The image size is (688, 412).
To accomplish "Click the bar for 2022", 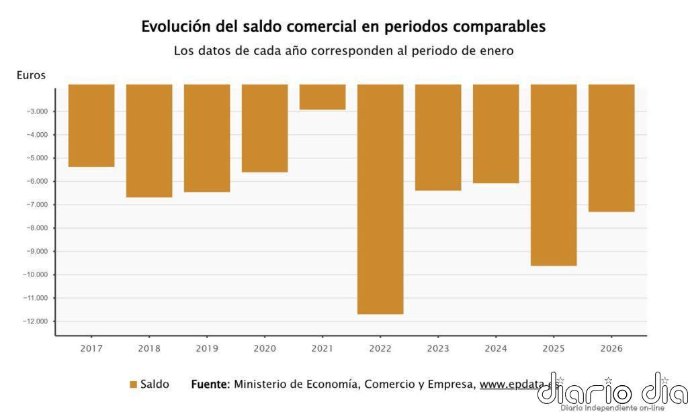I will tap(380, 199).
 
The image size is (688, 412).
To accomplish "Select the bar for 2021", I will tap(322, 97).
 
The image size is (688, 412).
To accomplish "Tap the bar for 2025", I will tap(554, 175).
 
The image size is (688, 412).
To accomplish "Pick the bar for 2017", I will tap(91, 125).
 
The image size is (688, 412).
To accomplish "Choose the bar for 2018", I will tap(149, 141).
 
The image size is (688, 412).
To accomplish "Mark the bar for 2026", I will tap(611, 148).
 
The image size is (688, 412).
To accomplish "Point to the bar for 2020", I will tap(265, 128).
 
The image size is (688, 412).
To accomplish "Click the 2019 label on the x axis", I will tap(207, 348).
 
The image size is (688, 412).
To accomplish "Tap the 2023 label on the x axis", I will tap(438, 348).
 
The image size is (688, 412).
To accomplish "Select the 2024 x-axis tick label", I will tap(496, 348).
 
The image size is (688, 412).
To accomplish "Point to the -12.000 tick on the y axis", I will tap(35, 321).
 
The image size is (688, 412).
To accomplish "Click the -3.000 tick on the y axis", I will tap(37, 111).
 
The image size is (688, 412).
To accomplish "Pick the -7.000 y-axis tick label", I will tap(37, 205).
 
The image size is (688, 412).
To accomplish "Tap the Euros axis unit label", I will tap(31, 75).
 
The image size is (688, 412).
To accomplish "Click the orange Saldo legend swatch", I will tap(133, 384).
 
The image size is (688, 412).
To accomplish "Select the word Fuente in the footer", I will tap(210, 384).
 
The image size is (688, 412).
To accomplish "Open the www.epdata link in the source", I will tap(515, 384).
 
